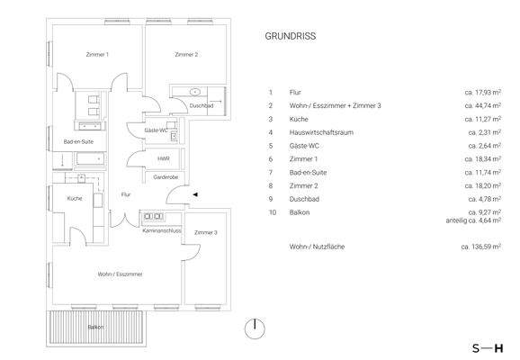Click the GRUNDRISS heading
tap(290, 38)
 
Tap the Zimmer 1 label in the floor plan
tap(97, 56)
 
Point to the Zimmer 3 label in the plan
tap(205, 232)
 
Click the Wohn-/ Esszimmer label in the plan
tap(120, 274)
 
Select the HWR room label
tap(163, 158)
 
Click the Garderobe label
tap(164, 177)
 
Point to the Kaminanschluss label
tap(162, 231)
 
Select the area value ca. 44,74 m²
tap(482, 105)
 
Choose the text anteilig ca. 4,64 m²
tap(473, 219)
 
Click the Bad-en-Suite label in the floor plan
tap(79, 141)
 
